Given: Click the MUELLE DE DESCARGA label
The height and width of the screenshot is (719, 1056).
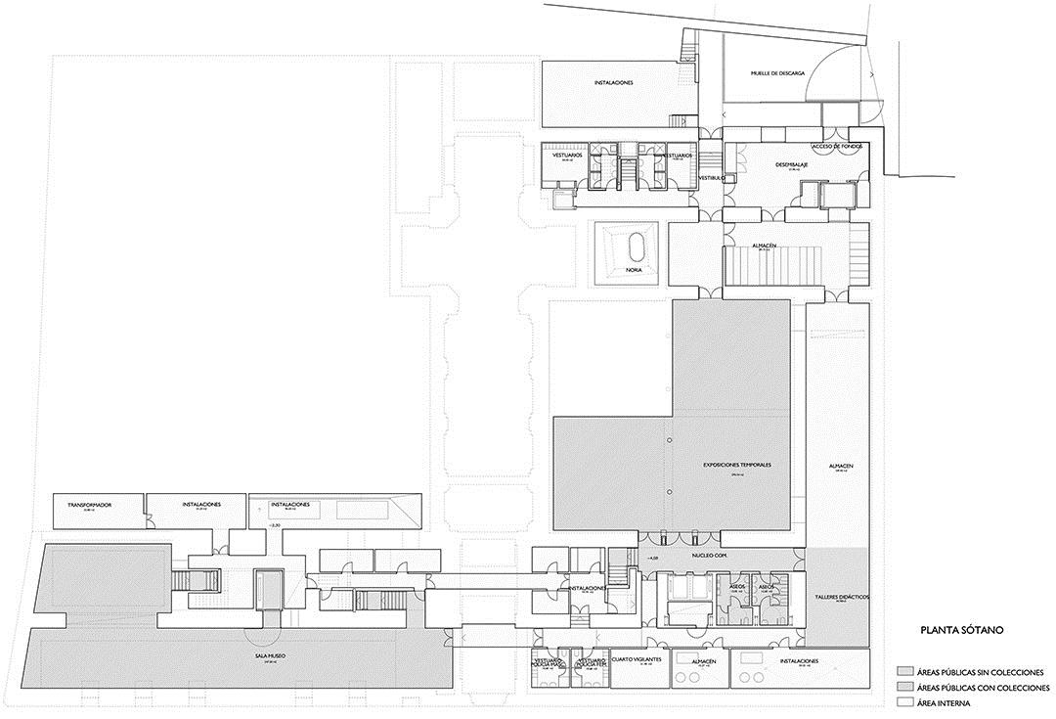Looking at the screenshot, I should point(777,72).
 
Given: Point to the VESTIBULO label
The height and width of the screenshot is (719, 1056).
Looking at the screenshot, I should point(711,178).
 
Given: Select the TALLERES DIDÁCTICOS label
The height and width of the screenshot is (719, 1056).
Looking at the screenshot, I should point(841,596).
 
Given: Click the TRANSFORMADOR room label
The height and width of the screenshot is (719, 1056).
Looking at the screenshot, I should point(90,505).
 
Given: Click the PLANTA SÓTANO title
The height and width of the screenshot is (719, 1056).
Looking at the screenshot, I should point(949,631).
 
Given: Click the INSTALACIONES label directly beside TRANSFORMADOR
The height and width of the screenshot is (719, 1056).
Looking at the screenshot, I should point(201,505).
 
